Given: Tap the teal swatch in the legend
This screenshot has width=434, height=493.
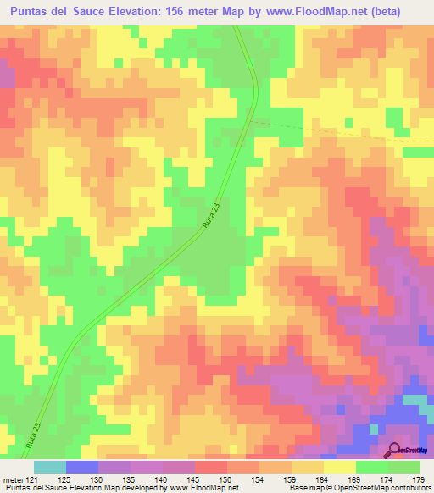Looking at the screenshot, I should pyautogui.click(x=50, y=468).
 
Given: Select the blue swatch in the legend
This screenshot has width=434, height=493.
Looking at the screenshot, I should pyautogui.click(x=82, y=468).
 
